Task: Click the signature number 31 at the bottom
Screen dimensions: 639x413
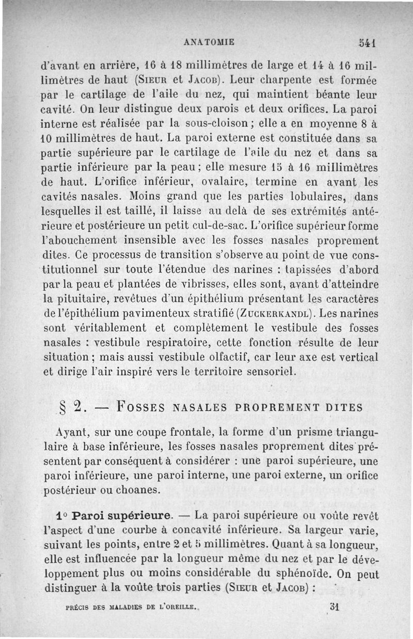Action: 333,607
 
